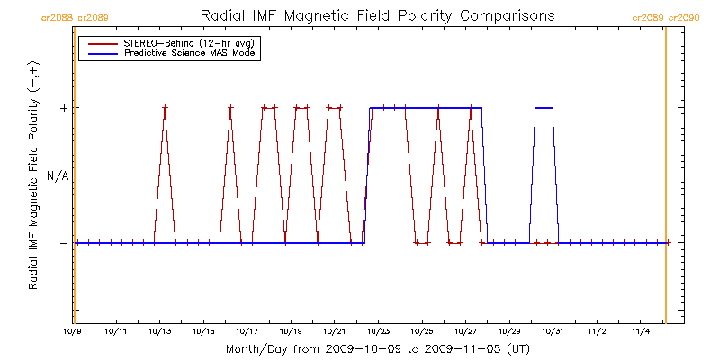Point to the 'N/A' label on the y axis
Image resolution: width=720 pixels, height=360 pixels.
point(58,175)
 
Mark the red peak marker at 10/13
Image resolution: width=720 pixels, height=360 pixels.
point(165,108)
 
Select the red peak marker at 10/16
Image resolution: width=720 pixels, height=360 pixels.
point(230,108)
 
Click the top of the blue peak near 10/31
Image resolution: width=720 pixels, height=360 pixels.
point(544,108)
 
